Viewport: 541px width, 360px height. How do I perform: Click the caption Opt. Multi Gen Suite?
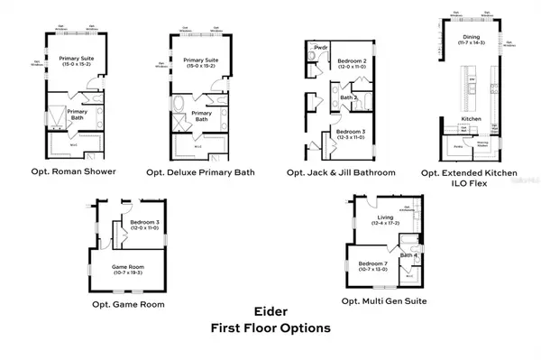(x=384, y=300)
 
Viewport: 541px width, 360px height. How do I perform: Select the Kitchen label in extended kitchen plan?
(x=472, y=119)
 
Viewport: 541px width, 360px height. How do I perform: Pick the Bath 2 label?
(x=349, y=97)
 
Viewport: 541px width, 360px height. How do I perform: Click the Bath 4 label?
(x=407, y=255)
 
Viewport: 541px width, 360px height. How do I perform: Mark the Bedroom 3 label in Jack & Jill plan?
(x=349, y=132)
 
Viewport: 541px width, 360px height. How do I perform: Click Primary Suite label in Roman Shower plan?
(x=77, y=59)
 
